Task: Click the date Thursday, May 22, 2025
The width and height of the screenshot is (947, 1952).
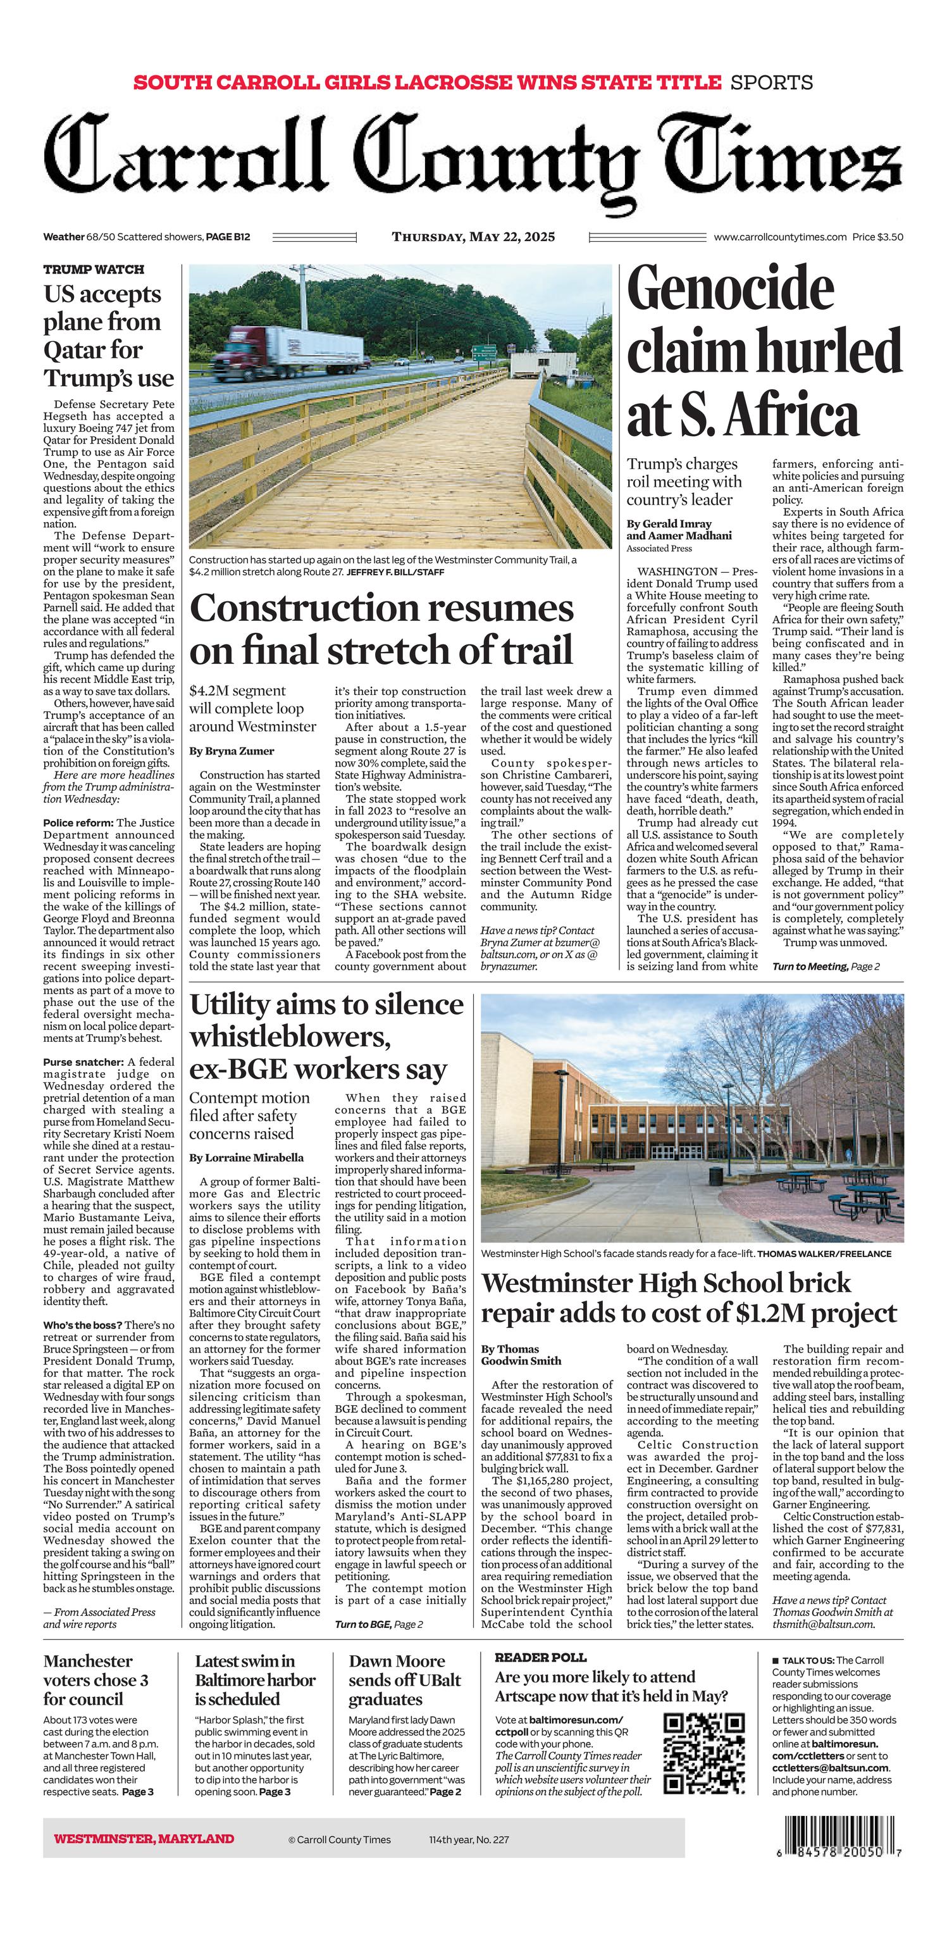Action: click(473, 237)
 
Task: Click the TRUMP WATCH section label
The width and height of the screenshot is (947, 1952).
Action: click(93, 270)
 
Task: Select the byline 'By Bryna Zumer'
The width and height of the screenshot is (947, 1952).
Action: click(232, 751)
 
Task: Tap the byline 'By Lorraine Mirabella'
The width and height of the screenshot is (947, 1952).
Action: click(246, 1157)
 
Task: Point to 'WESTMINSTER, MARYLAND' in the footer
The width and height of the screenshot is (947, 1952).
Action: click(144, 1838)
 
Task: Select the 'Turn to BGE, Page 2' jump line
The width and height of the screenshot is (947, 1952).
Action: click(379, 1624)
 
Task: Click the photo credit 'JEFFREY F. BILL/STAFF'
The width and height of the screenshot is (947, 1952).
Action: click(395, 572)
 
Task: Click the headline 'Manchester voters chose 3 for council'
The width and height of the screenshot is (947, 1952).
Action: click(96, 1680)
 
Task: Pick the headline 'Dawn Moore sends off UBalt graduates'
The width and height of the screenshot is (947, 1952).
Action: click(405, 1680)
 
